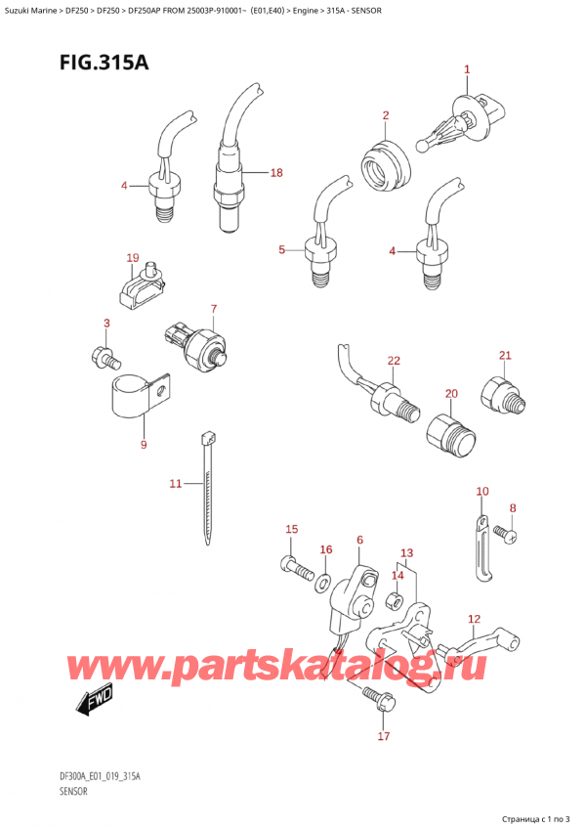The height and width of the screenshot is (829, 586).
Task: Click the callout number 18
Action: tap(276, 173)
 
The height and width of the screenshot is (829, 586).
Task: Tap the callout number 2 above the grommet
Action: tap(386, 115)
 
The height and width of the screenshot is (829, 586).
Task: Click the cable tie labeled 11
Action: tap(207, 488)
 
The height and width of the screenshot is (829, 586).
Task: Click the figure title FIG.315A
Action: tap(105, 63)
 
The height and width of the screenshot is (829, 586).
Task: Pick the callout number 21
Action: tap(505, 355)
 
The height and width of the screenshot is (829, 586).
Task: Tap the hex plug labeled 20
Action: tap(450, 436)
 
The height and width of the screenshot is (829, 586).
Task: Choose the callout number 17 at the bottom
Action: tap(384, 736)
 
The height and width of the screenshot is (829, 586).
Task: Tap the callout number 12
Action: tap(474, 619)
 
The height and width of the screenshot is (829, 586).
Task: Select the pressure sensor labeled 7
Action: tap(198, 341)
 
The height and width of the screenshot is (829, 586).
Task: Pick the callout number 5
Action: tap(281, 249)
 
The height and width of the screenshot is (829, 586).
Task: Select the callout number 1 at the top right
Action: tap(467, 69)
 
